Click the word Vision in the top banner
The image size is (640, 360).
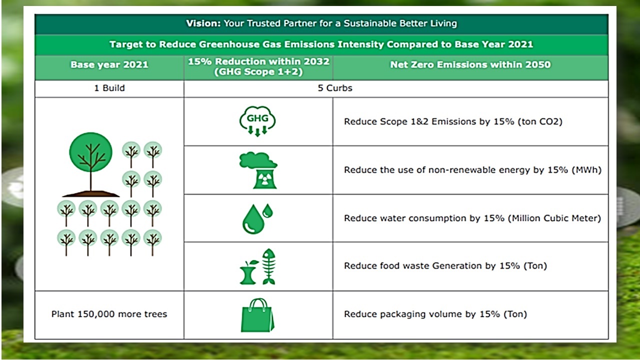203,23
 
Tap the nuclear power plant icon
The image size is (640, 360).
258,170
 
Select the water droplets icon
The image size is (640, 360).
257,219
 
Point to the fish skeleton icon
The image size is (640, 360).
269,266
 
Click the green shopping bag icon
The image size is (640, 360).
257,315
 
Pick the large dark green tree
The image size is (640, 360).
91,164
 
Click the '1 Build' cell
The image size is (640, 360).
109,88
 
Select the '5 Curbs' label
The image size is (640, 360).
335,88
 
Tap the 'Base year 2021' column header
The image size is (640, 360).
109,64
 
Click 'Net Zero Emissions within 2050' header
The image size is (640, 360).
470,64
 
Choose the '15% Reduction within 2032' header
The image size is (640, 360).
258,61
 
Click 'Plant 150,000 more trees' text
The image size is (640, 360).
109,314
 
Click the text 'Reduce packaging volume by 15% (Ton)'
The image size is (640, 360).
435,314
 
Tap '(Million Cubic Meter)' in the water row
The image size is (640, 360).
554,218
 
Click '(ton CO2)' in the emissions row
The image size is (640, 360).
540,121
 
